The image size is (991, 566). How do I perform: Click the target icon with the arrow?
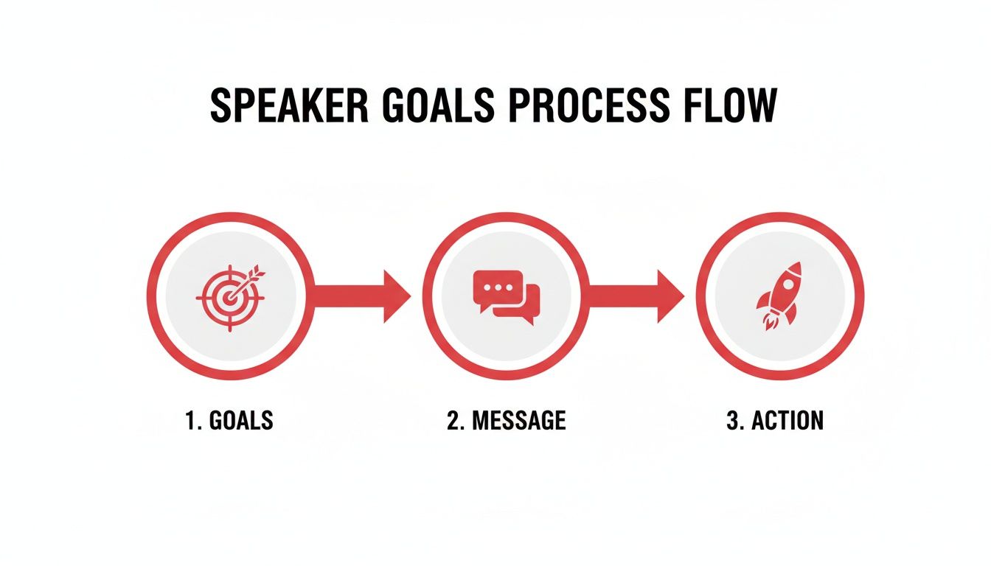(x=231, y=296)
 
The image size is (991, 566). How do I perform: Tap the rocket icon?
(x=780, y=295)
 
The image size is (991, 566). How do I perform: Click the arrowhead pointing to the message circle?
(x=395, y=296)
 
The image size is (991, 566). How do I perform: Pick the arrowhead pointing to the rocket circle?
(x=670, y=296)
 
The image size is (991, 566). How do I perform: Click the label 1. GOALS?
(x=229, y=421)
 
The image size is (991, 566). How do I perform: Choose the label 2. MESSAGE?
(x=506, y=421)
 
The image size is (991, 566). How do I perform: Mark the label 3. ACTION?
(x=774, y=421)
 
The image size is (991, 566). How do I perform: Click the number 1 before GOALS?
(x=190, y=421)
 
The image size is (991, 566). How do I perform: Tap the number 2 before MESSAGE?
(x=453, y=421)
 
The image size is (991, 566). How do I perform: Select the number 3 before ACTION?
(x=732, y=421)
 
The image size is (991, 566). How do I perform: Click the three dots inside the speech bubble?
(x=498, y=287)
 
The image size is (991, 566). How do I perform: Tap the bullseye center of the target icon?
(x=229, y=298)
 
